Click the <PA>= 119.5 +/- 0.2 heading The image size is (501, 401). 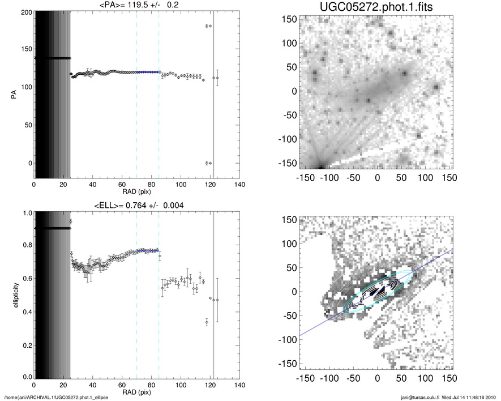tap(136, 6)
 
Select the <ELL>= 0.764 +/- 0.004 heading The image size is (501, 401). tap(136, 205)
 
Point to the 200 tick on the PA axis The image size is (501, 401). tap(27, 12)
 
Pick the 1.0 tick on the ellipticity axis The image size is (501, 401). tap(27, 214)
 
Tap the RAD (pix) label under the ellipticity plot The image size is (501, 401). tap(136, 391)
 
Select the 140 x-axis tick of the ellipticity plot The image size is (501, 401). tap(239, 385)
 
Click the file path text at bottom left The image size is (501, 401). tap(55, 398)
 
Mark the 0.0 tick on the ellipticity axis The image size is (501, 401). tap(27, 377)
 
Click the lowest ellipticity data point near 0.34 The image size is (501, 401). tap(207, 322)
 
